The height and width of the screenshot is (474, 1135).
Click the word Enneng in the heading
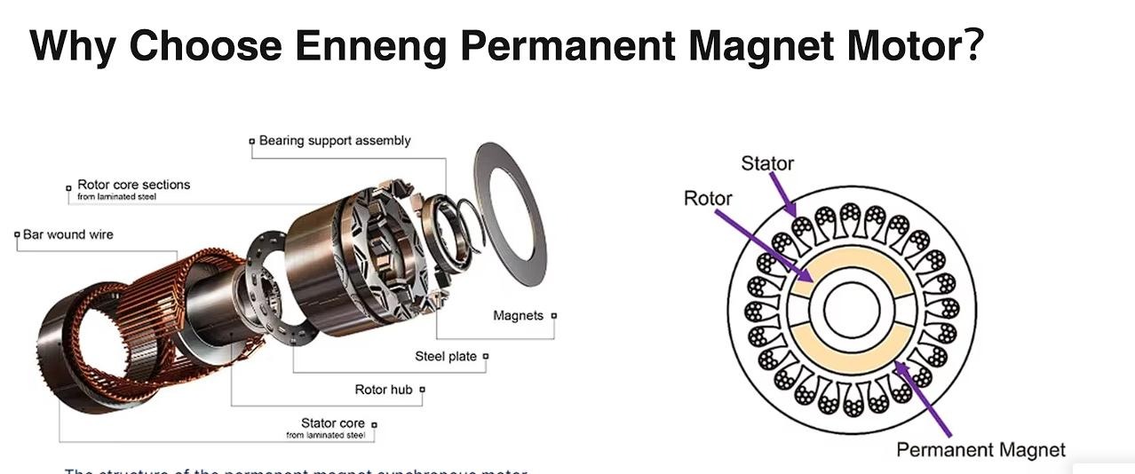[x=370, y=45]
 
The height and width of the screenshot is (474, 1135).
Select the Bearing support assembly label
[x=334, y=140]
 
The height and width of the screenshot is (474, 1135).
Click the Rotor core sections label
[x=133, y=185]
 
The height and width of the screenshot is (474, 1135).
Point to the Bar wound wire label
[x=67, y=234]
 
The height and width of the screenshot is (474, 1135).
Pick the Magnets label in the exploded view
[x=518, y=315]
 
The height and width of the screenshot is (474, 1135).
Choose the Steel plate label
[x=446, y=356]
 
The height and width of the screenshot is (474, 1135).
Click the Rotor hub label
[x=384, y=389]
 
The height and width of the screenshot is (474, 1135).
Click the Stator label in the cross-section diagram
[x=767, y=163]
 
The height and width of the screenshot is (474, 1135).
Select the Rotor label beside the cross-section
[x=708, y=198]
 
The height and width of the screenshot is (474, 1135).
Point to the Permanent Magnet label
[x=980, y=450]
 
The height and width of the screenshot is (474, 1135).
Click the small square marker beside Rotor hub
[x=422, y=389]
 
